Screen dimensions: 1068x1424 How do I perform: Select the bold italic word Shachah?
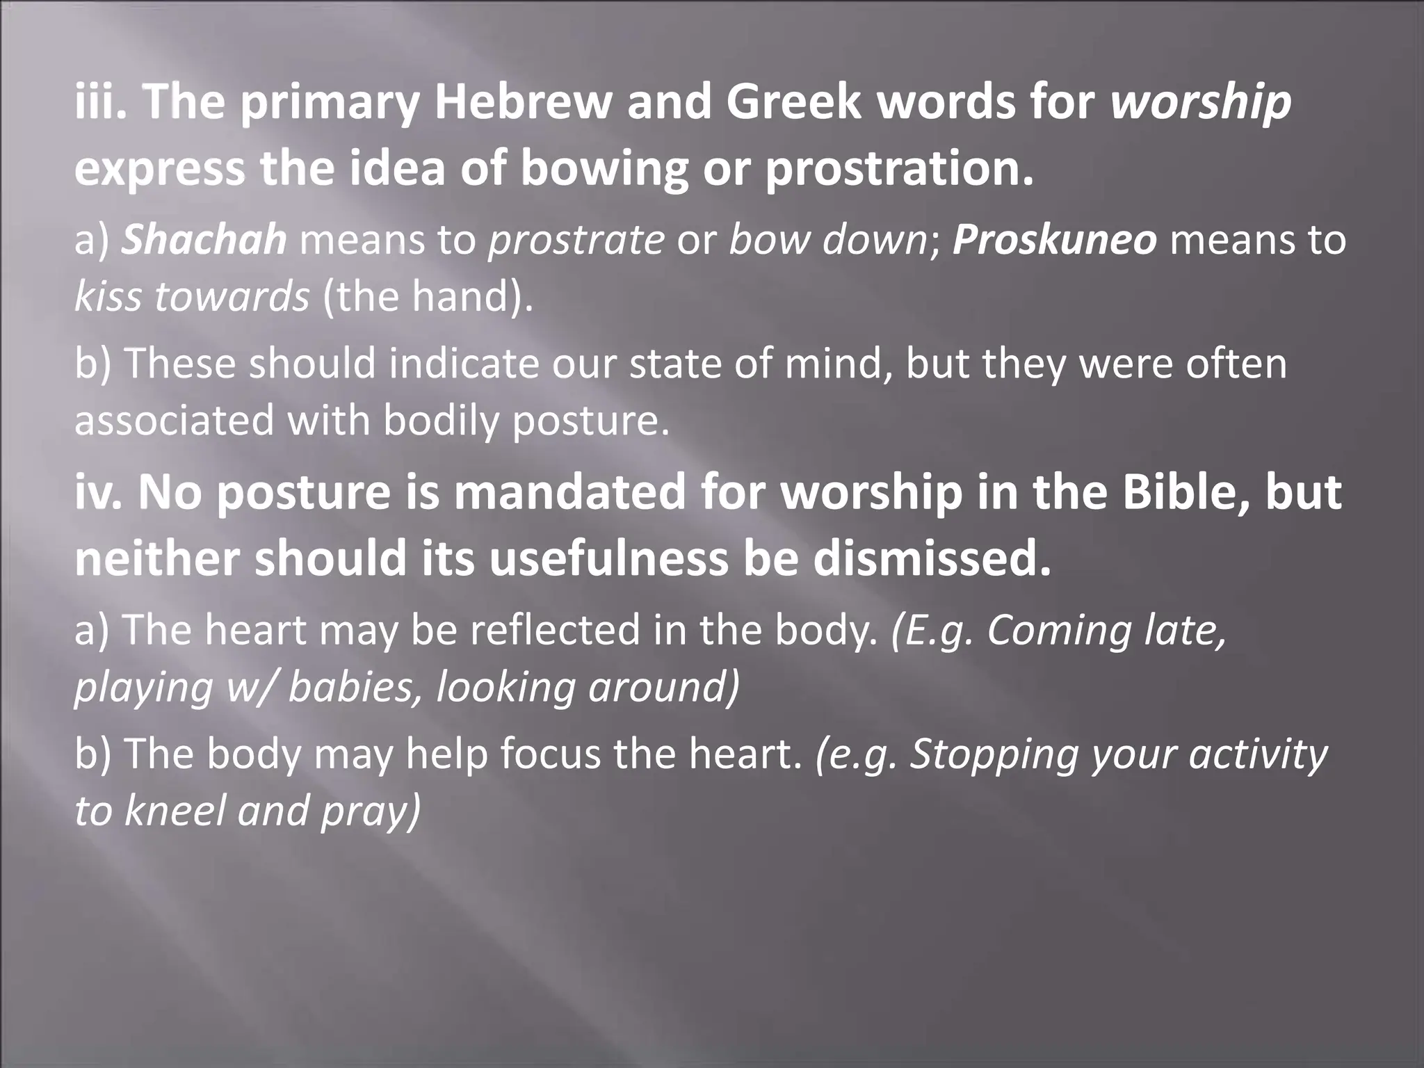coord(204,240)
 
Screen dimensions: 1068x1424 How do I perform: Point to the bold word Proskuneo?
coord(1055,240)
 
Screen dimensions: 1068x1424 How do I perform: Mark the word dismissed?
coord(932,558)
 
